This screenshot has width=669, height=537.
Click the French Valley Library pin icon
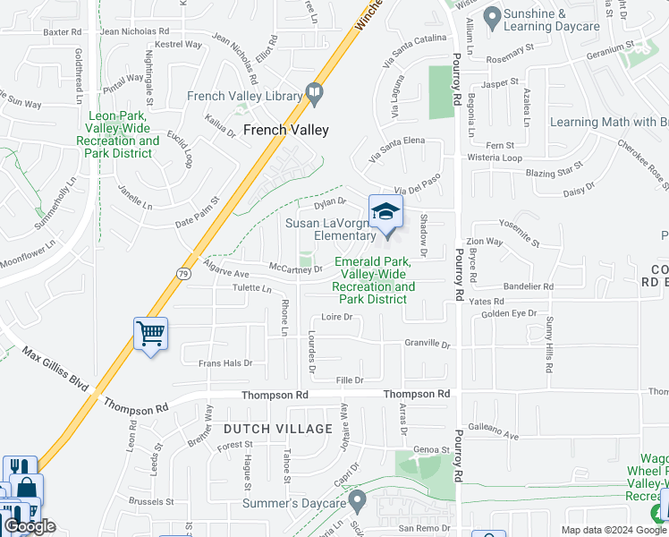click(x=314, y=91)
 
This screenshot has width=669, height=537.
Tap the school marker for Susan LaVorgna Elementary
click(x=385, y=213)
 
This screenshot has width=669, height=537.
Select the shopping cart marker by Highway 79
click(x=150, y=335)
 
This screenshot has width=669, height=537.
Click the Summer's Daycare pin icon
click(x=357, y=499)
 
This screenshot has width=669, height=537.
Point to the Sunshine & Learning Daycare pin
click(x=491, y=16)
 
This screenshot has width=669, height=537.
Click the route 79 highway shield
click(x=182, y=275)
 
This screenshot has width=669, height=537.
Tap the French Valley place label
click(x=286, y=130)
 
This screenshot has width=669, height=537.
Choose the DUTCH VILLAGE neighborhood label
click(x=279, y=429)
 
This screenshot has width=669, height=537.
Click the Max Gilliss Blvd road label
click(x=55, y=370)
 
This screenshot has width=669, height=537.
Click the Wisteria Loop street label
click(x=495, y=158)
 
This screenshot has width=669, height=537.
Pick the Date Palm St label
click(x=197, y=213)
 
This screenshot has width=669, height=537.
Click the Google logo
click(x=30, y=526)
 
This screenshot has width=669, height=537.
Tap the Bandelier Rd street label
click(x=529, y=286)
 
